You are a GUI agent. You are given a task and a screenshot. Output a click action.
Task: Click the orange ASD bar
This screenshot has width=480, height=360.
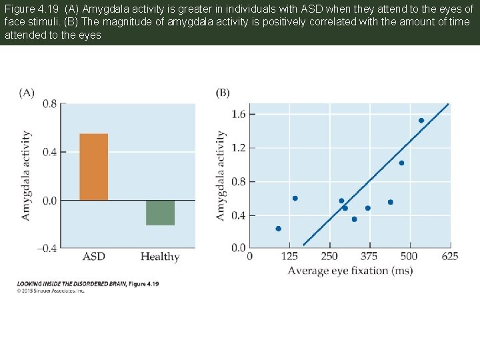93,167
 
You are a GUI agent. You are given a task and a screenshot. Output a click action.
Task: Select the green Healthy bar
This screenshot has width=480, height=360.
160,213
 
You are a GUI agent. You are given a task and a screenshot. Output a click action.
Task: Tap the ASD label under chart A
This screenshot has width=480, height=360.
93,257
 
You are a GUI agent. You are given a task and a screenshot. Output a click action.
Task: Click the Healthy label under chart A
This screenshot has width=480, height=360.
160,257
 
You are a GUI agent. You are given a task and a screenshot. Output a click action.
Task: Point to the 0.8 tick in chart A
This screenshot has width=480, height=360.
49,104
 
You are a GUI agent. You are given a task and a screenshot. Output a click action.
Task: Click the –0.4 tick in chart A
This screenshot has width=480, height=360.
46,248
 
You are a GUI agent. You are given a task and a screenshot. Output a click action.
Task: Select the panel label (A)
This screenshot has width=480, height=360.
27,93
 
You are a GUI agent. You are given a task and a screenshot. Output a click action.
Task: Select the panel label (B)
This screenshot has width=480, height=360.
223,93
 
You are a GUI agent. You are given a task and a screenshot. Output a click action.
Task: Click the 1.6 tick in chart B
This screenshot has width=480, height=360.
238,115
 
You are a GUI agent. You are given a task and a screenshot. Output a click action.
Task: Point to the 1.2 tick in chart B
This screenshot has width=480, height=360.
238,148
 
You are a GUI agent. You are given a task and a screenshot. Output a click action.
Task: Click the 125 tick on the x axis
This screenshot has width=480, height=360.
289,257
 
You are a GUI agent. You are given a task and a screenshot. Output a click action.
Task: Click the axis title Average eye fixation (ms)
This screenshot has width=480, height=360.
350,270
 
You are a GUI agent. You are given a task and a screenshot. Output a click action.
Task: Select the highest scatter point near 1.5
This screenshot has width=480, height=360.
421,121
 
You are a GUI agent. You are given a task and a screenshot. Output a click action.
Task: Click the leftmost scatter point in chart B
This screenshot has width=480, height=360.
278,229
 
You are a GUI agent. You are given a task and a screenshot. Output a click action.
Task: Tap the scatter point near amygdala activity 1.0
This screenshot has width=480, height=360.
401,163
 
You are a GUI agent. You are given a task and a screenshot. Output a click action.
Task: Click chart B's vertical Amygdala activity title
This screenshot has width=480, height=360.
221,175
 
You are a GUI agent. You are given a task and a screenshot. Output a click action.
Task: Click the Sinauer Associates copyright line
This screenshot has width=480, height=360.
51,291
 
